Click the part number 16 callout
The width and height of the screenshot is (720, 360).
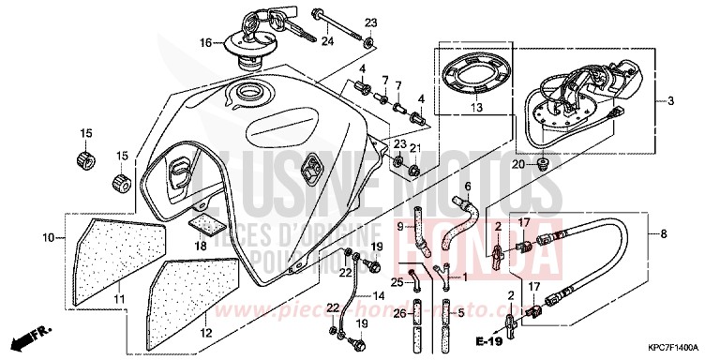point(205,42)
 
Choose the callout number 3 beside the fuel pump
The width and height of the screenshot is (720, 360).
point(671,98)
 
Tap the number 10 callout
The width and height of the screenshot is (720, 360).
point(45,239)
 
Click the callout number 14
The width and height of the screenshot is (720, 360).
point(380,293)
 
